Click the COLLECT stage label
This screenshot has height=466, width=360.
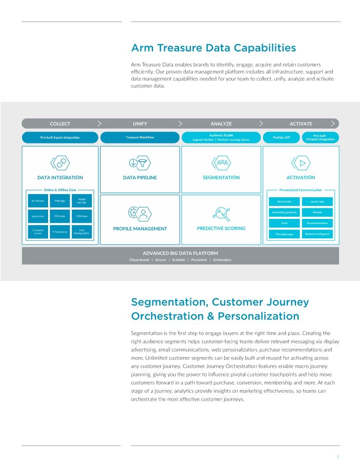(60, 124)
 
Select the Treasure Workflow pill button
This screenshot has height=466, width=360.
(140, 137)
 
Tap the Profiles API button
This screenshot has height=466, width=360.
(281, 137)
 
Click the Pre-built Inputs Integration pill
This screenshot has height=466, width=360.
(60, 137)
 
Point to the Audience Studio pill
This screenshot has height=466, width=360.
(221, 137)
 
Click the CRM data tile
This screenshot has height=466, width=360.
(82, 216)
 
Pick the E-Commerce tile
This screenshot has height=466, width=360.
(60, 232)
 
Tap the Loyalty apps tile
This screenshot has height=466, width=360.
(317, 201)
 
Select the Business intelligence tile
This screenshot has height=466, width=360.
(317, 234)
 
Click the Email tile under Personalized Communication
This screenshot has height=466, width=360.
(284, 223)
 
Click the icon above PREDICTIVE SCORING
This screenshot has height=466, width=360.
(221, 214)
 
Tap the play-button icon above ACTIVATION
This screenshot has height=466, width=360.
(301, 163)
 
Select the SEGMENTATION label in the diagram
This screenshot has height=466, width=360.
(221, 177)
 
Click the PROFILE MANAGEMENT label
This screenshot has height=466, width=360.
(140, 229)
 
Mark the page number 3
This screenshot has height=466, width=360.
(337, 456)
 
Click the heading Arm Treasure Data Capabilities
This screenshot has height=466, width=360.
(213, 48)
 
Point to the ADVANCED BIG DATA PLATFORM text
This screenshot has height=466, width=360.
(180, 253)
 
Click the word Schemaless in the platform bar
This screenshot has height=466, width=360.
(222, 260)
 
